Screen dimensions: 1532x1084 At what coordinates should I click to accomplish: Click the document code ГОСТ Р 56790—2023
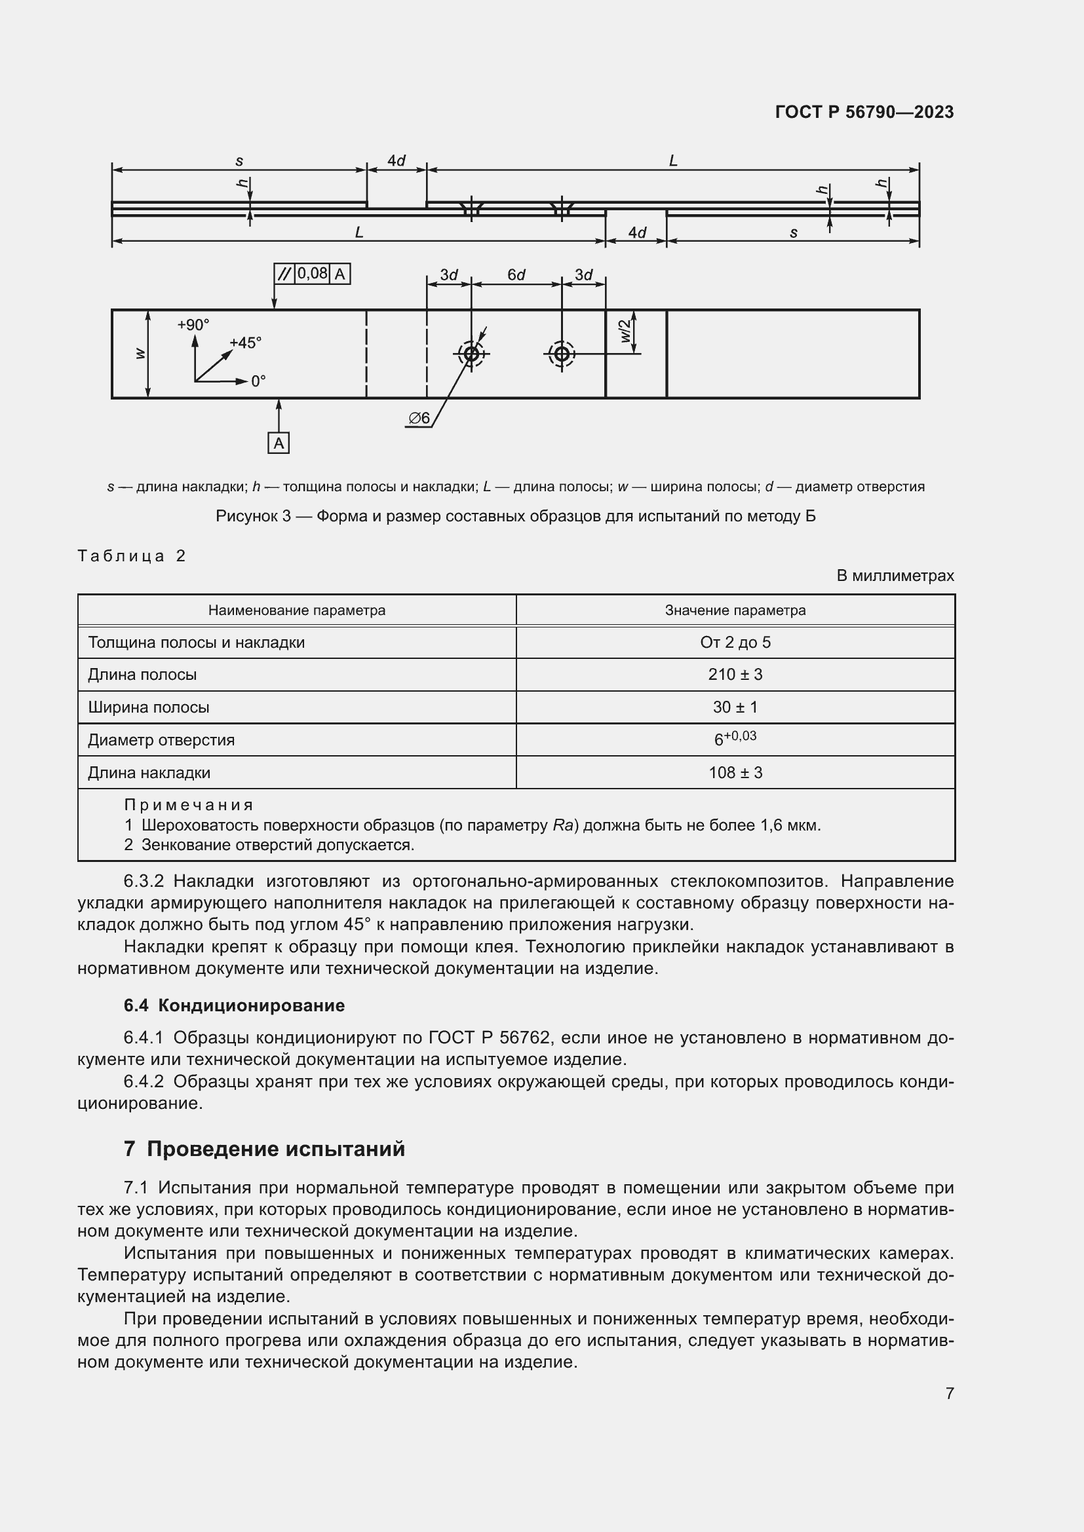(864, 112)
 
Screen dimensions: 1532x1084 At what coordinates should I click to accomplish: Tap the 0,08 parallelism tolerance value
(312, 274)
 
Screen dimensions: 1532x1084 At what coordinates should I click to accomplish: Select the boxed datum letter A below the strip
(279, 443)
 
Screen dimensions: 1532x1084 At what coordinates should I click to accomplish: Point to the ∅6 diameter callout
(419, 419)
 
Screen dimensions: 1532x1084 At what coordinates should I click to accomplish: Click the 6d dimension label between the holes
(516, 275)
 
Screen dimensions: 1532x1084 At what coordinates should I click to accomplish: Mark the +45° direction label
(245, 343)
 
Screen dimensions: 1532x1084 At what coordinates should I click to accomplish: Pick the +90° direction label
(193, 325)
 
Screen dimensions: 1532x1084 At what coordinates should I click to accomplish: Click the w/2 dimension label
(625, 331)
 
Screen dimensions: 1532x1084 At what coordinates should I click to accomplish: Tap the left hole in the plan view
(471, 354)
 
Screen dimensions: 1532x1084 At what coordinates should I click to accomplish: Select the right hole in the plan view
(562, 354)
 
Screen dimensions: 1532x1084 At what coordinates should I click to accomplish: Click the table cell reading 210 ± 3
(735, 675)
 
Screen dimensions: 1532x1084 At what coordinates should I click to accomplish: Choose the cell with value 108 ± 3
(735, 773)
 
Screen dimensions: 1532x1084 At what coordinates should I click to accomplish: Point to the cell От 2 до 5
(735, 643)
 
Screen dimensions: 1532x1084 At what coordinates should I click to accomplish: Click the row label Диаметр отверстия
(161, 740)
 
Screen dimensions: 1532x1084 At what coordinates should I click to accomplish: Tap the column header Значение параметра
(735, 610)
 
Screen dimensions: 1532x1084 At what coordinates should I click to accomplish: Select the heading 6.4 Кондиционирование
(234, 1005)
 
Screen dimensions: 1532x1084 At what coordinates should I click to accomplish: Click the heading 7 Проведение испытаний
(264, 1149)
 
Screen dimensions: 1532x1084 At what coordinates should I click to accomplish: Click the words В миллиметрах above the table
(895, 575)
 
